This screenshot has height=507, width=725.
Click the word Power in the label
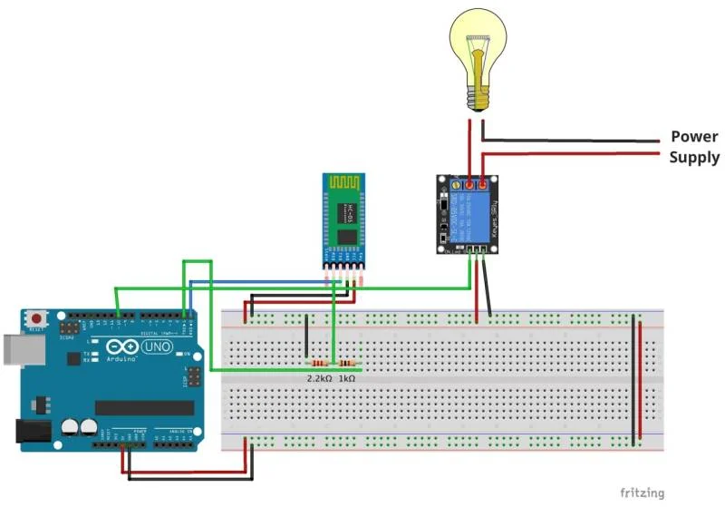pyautogui.click(x=694, y=137)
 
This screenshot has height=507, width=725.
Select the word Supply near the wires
pyautogui.click(x=694, y=158)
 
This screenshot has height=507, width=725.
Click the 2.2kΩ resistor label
pyautogui.click(x=318, y=377)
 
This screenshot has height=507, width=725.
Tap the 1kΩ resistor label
pyautogui.click(x=346, y=377)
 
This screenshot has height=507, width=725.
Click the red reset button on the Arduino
pyautogui.click(x=37, y=319)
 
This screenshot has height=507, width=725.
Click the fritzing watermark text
pyautogui.click(x=642, y=492)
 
